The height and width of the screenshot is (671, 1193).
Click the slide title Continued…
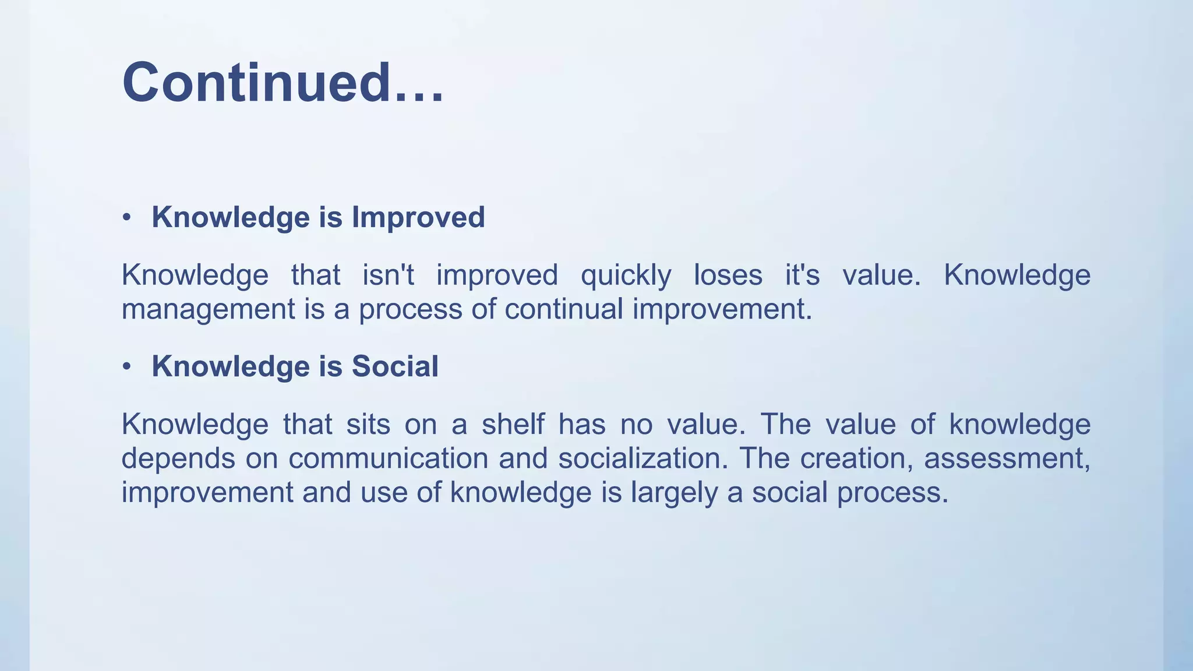click(x=283, y=83)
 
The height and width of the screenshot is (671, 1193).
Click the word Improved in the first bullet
click(x=418, y=217)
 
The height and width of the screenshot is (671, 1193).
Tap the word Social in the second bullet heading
click(x=394, y=366)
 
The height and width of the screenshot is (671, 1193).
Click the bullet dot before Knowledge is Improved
click(x=126, y=218)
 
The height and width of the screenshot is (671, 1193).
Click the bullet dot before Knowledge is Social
click(x=126, y=367)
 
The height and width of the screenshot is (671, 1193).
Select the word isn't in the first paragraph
click(x=388, y=275)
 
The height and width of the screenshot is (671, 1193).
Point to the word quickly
click(x=626, y=275)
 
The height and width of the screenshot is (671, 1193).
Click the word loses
click(x=728, y=275)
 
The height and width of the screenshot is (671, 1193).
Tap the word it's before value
click(x=802, y=275)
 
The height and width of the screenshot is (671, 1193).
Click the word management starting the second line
click(x=208, y=309)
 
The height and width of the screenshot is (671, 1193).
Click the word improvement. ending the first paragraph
click(x=722, y=309)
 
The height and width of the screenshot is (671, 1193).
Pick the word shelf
click(x=513, y=424)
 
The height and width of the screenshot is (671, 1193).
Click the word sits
click(x=368, y=424)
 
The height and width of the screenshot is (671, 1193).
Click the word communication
click(x=388, y=458)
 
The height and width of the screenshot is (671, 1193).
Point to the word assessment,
click(x=1007, y=458)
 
